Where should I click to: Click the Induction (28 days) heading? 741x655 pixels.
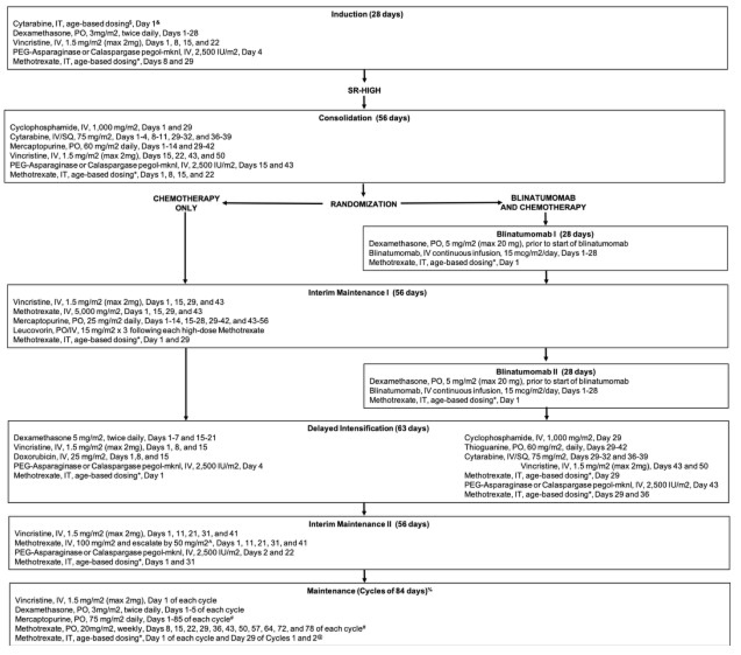367,14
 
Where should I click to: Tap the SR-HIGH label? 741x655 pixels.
364,90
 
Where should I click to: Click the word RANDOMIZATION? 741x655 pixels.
364,204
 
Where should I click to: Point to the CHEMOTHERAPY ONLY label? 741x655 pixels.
186,203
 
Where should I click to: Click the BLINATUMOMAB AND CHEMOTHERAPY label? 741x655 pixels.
543,203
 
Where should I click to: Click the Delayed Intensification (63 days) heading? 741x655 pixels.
368,428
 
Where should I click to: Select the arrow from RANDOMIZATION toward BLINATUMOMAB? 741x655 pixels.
451,203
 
